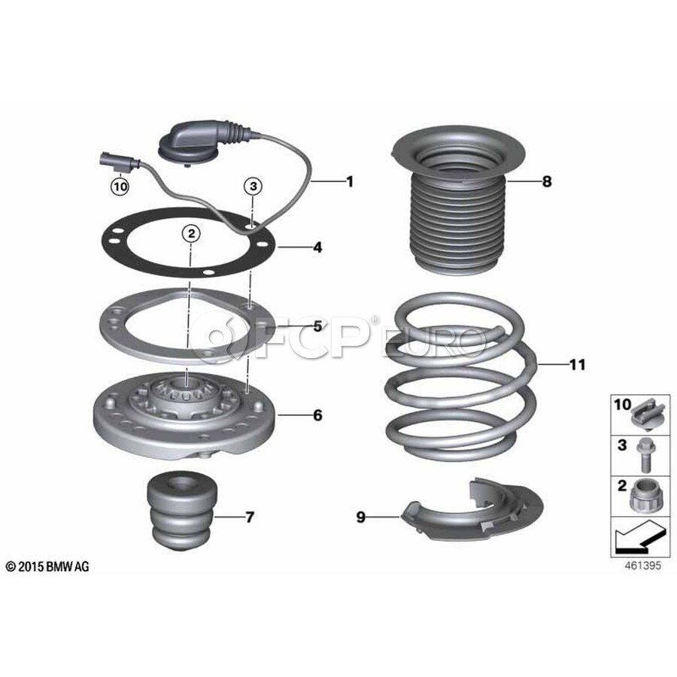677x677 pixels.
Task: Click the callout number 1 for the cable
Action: pyautogui.click(x=350, y=182)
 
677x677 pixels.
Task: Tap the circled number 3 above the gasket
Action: pyautogui.click(x=253, y=186)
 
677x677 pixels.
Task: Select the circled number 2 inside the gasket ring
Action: pyautogui.click(x=191, y=234)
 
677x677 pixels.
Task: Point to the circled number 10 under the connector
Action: pyautogui.click(x=120, y=187)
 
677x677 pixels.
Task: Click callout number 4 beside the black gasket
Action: pyautogui.click(x=317, y=247)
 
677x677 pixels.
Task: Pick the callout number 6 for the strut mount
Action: pyautogui.click(x=317, y=415)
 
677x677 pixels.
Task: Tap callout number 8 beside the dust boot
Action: pyautogui.click(x=547, y=181)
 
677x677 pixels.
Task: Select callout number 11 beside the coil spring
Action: pyautogui.click(x=578, y=365)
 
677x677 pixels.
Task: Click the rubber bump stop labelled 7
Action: pyautogui.click(x=181, y=510)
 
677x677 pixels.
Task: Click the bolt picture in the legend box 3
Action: pyautogui.click(x=646, y=456)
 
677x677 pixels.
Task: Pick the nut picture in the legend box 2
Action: pyautogui.click(x=645, y=496)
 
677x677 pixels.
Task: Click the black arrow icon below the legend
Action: pyautogui.click(x=639, y=538)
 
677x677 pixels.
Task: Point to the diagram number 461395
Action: pyautogui.click(x=643, y=565)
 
